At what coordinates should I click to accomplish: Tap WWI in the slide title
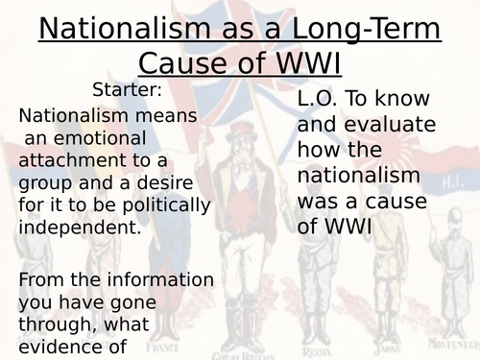(x=308, y=62)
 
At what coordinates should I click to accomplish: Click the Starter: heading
(x=128, y=90)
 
